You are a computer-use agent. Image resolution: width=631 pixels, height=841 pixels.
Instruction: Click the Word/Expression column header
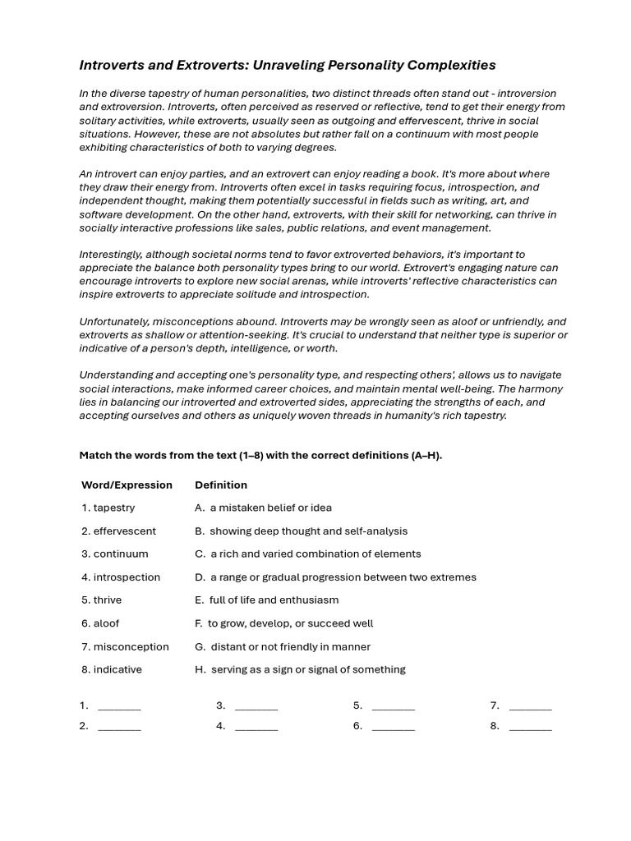click(x=127, y=485)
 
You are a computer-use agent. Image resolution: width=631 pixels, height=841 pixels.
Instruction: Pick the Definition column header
click(x=221, y=485)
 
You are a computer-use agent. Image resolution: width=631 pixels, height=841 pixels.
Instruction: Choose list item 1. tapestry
click(x=108, y=508)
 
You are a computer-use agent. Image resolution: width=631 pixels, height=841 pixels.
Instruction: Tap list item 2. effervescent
click(x=119, y=531)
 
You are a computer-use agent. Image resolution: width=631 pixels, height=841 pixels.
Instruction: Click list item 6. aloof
click(x=100, y=623)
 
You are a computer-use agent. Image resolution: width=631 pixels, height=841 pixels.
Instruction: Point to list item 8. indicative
click(x=112, y=669)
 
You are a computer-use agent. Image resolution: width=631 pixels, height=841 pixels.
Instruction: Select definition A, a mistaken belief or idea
click(x=263, y=508)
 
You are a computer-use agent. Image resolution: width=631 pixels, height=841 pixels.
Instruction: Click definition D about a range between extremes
click(x=335, y=577)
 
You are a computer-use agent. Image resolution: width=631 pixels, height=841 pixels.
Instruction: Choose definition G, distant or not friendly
click(x=283, y=646)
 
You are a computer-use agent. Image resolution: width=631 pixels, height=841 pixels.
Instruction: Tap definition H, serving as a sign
click(x=300, y=669)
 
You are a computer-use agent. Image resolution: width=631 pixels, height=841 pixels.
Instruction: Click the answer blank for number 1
click(x=119, y=706)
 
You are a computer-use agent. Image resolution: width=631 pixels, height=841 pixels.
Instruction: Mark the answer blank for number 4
click(x=256, y=727)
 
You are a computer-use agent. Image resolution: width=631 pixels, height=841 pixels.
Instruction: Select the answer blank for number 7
click(x=530, y=706)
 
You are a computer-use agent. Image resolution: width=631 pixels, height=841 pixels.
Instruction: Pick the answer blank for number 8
click(x=530, y=727)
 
